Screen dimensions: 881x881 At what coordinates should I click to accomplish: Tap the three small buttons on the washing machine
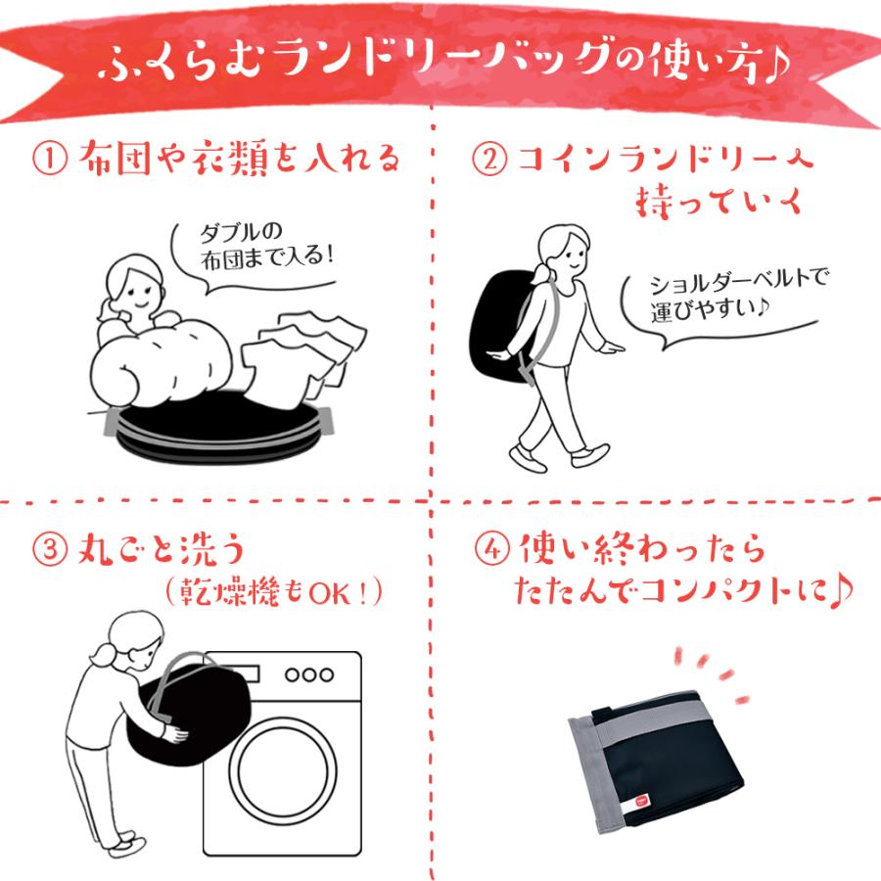click(308, 675)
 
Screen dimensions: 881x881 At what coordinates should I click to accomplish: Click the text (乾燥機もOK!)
click(275, 593)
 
